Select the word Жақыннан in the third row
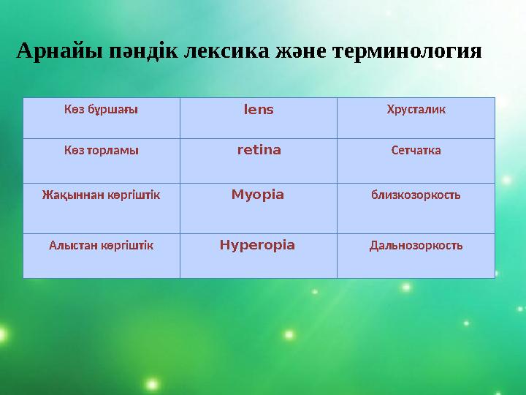coord(69,196)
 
